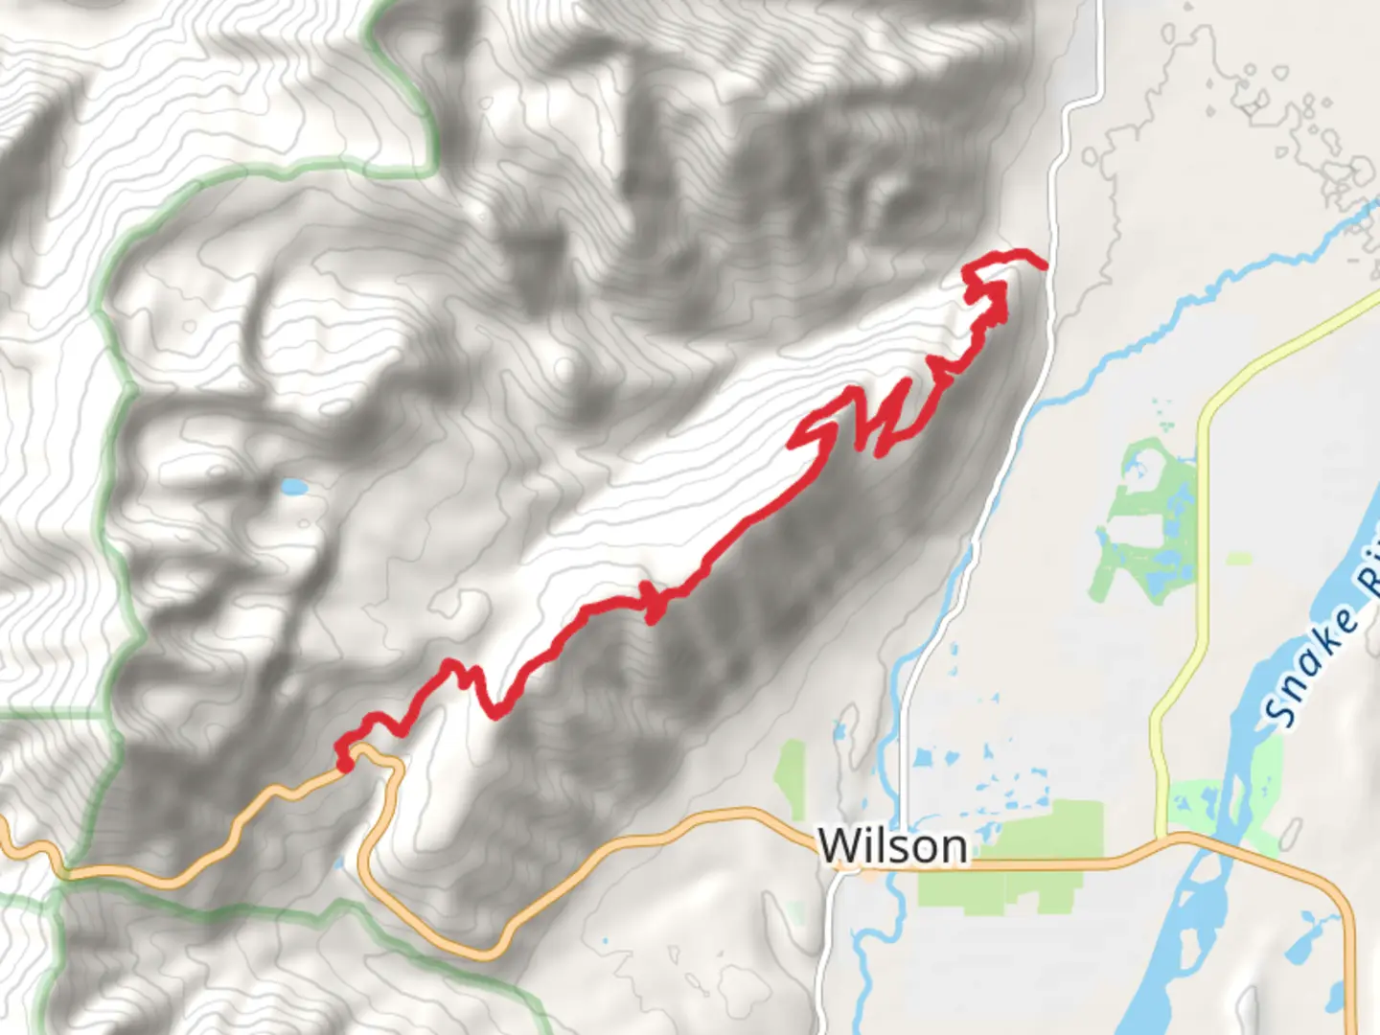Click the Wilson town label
click(x=892, y=845)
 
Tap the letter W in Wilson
click(x=838, y=845)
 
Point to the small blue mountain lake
click(x=293, y=488)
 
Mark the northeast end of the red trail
click(x=1043, y=263)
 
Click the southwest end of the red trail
click(x=343, y=764)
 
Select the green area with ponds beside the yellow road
click(x=1145, y=522)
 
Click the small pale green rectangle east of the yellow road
click(x=1239, y=558)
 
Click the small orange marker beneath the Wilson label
click(x=867, y=872)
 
